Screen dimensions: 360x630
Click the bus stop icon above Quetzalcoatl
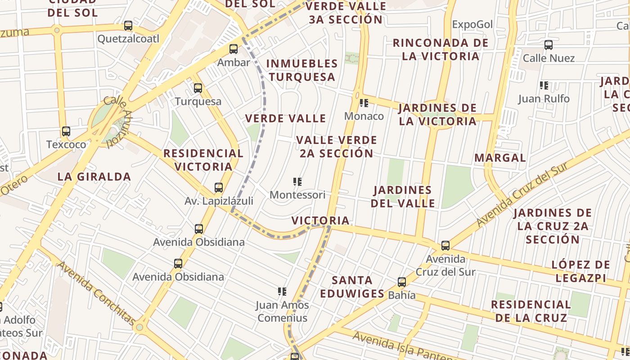(x=128, y=26)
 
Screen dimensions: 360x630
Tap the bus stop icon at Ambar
(x=233, y=49)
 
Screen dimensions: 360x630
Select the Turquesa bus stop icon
(x=198, y=88)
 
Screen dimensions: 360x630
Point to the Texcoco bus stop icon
(x=66, y=131)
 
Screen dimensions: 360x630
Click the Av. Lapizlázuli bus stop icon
(x=219, y=188)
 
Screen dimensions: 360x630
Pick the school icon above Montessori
(x=297, y=182)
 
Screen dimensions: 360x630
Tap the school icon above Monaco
(x=364, y=103)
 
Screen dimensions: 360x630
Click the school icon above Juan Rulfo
(x=544, y=85)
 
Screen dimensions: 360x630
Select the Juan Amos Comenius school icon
(x=282, y=292)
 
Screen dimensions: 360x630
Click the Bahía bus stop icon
(x=402, y=282)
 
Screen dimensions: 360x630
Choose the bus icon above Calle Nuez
(x=548, y=45)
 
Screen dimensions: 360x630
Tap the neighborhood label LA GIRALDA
(x=94, y=177)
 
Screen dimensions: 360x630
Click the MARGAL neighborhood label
(x=500, y=158)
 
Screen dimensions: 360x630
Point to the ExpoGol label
(x=472, y=24)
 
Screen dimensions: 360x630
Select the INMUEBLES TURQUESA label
(x=302, y=70)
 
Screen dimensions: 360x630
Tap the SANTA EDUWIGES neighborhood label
(x=352, y=287)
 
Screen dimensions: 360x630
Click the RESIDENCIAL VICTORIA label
(x=203, y=160)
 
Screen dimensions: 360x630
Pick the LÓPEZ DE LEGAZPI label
(x=581, y=271)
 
